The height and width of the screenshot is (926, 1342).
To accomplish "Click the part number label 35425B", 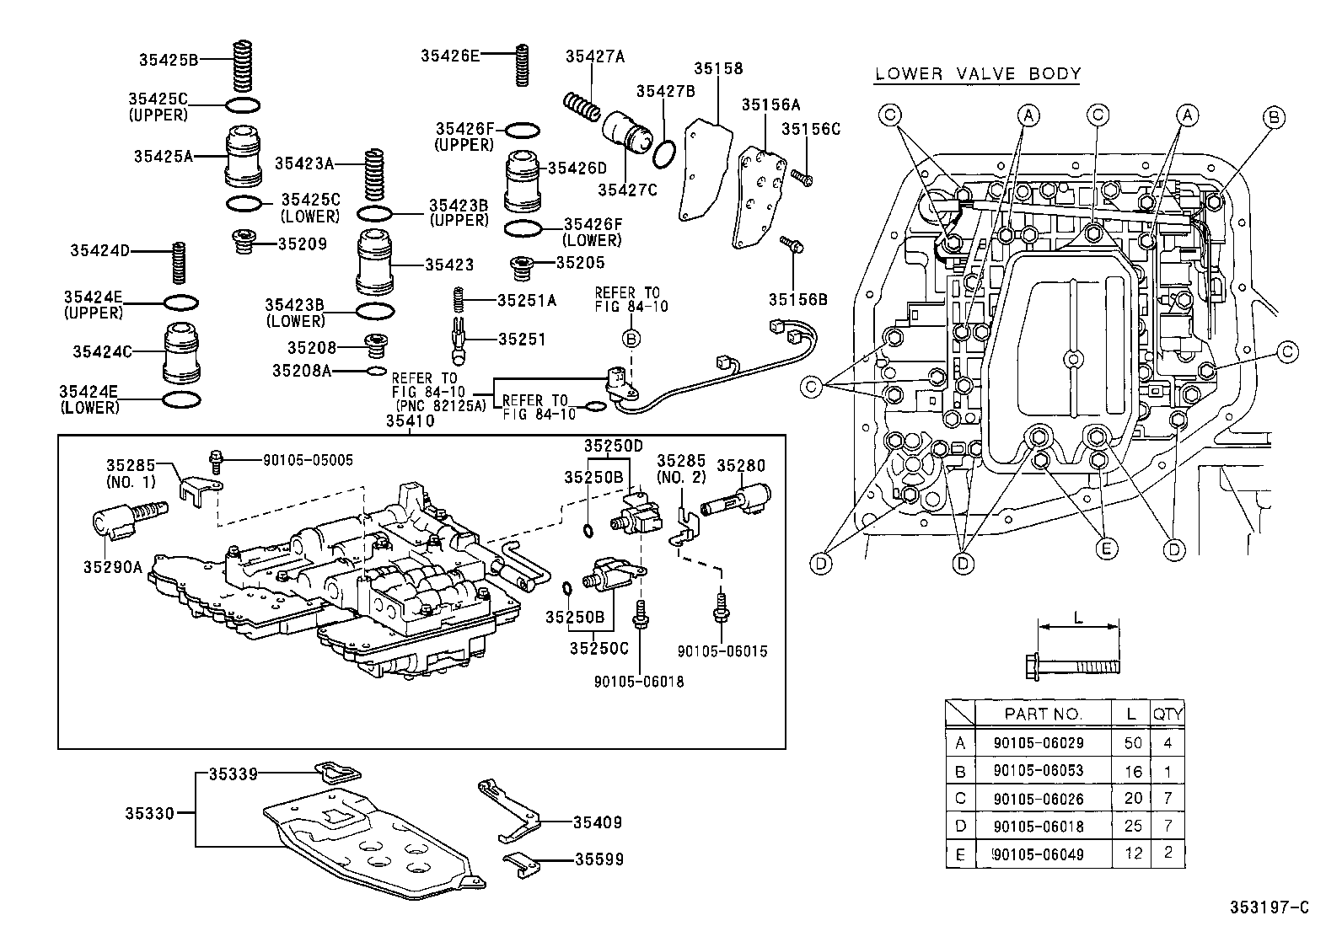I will tap(169, 60).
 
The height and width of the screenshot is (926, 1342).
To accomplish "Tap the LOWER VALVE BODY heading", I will tap(977, 73).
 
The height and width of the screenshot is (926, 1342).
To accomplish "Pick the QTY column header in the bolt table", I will tap(1168, 714).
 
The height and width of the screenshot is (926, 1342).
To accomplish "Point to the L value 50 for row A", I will tap(1133, 743).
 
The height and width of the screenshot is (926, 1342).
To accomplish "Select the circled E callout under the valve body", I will tap(1107, 549).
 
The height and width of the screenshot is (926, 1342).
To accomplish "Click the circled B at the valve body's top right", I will tap(1275, 117).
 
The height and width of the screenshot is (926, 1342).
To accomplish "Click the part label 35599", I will tap(599, 859).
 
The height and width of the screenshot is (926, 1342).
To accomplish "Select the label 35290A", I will tap(112, 567).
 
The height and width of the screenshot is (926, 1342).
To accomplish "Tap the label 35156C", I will tap(810, 129).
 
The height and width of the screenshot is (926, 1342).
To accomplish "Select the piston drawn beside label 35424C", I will tap(181, 352).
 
